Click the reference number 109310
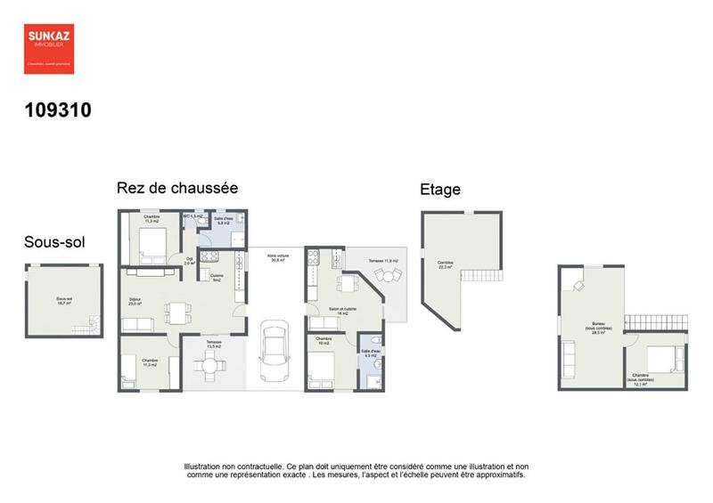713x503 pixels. click(x=58, y=111)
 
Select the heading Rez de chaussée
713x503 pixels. click(x=177, y=189)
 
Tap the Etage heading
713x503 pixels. click(x=439, y=190)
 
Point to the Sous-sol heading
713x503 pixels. click(x=55, y=243)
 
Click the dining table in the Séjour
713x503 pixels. click(x=176, y=312)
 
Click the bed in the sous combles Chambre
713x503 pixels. click(x=660, y=358)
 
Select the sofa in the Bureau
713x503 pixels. click(x=569, y=361)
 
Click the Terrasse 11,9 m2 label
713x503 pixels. click(x=383, y=261)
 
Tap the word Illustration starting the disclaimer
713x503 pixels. click(x=206, y=466)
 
